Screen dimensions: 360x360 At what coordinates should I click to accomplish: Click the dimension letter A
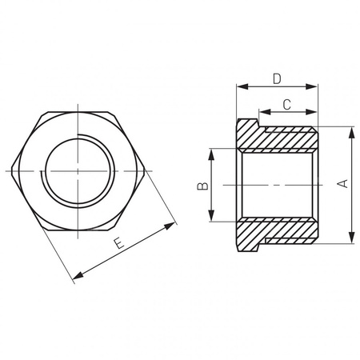[x=342, y=185]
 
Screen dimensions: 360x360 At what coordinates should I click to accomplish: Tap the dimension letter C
[x=286, y=103]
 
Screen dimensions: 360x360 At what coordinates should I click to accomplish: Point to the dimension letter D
[x=276, y=78]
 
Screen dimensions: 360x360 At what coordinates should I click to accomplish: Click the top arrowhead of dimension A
[x=351, y=130]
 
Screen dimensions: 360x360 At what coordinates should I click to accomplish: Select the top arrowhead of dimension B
[x=211, y=152]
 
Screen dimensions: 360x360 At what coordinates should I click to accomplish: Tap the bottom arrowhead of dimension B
[x=211, y=218]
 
